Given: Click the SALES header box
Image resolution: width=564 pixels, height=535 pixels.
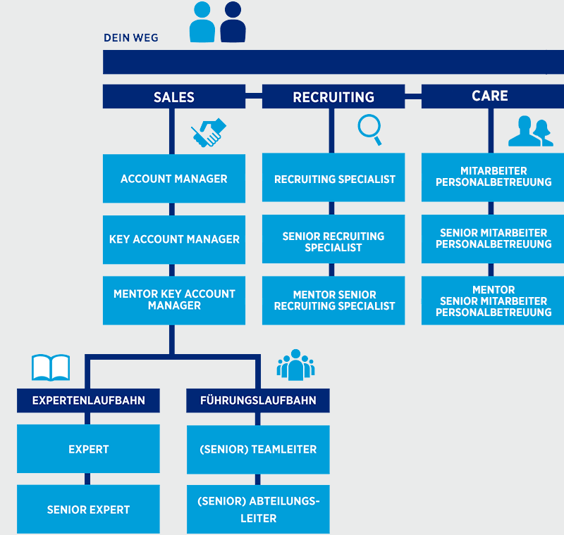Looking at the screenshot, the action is point(174,96).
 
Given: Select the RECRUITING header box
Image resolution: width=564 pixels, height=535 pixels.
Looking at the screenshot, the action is point(333,96).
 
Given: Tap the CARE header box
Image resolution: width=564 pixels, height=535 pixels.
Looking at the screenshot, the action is point(493,96).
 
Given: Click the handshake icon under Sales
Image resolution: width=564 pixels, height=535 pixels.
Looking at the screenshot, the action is point(208,132).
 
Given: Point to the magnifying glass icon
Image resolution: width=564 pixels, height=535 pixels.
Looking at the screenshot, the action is point(369,130).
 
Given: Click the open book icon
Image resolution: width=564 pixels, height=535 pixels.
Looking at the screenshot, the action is point(51,367).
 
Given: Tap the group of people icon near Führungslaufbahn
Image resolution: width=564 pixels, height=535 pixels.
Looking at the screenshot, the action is point(295,365).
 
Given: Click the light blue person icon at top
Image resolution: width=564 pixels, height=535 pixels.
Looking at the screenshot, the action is point(202,23).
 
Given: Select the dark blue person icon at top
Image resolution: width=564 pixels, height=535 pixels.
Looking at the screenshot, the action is point(233,23).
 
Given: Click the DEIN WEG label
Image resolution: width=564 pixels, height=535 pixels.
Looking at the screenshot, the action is point(131,38).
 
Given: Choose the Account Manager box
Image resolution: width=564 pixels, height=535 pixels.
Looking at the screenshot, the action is point(174,179).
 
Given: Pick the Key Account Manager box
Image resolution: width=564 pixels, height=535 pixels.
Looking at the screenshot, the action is point(174,239).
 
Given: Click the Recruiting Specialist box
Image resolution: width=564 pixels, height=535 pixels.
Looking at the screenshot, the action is point(333,177).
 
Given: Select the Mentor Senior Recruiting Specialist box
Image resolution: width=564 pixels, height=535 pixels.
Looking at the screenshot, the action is point(333,301).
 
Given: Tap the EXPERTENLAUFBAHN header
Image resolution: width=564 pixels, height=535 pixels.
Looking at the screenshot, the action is point(89,401).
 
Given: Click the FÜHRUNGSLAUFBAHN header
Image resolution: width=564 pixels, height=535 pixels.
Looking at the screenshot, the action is point(258,401).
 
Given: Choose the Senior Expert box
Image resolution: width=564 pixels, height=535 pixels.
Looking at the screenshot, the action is point(89,509).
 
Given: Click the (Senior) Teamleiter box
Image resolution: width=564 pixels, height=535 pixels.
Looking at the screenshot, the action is point(258,450).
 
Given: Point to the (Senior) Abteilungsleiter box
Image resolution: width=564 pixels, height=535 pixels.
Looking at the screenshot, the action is point(258,509).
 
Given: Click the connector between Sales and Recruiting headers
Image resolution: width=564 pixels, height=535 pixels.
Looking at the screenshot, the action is point(254,96).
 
